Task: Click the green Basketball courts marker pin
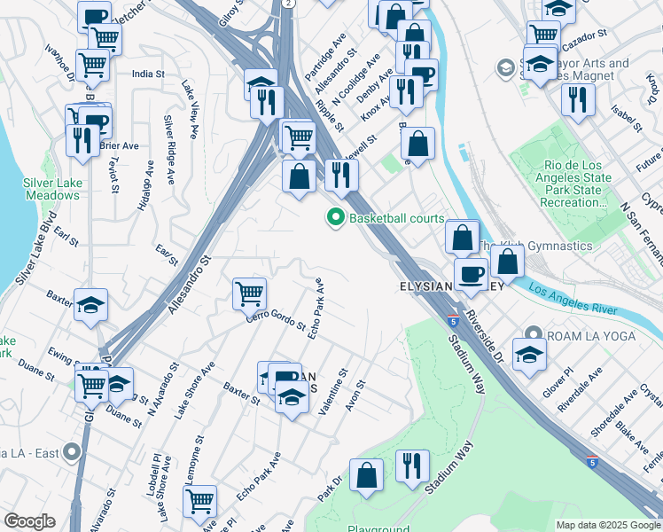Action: [x=336, y=217]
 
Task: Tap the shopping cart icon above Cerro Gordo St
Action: [x=250, y=293]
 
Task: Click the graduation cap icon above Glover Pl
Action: [x=529, y=354]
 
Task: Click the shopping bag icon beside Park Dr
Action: [x=366, y=476]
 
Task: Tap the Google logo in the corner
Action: [x=29, y=521]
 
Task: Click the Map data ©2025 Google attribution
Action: [x=607, y=525]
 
